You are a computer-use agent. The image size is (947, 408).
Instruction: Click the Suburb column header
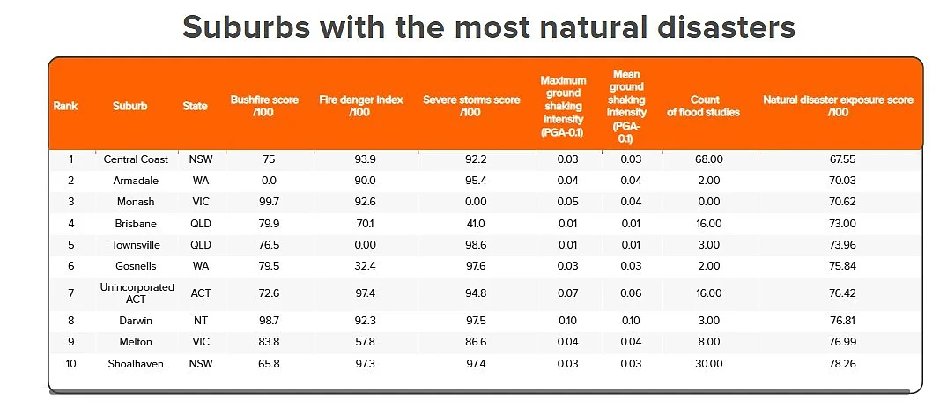[x=129, y=106]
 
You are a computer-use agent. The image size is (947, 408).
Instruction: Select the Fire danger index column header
[x=360, y=106]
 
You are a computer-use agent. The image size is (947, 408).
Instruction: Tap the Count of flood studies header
[x=704, y=106]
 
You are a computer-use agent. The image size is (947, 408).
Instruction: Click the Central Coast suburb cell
[x=137, y=159]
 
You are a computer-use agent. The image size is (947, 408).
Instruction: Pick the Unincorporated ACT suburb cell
[x=137, y=293]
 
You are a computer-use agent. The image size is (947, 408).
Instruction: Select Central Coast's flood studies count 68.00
[x=708, y=159]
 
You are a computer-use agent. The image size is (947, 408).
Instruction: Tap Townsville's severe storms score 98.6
[x=471, y=245]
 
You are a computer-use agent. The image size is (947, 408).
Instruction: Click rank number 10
[x=70, y=363]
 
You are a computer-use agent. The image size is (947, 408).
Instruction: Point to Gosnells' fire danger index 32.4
[x=365, y=266]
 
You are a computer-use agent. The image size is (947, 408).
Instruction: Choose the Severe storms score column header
[x=471, y=106]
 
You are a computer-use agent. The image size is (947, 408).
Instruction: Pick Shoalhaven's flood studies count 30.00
[x=708, y=363]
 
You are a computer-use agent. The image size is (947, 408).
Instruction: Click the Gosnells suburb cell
[x=136, y=266]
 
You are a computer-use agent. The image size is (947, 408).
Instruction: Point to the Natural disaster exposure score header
[x=839, y=106]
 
